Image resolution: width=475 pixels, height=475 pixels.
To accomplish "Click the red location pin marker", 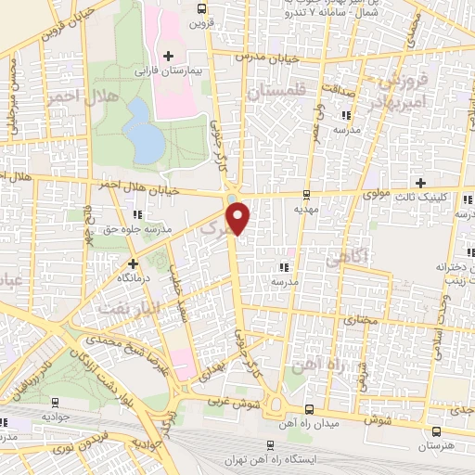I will click(x=239, y=215).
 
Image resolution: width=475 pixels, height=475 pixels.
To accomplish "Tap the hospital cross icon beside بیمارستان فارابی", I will click(x=168, y=58).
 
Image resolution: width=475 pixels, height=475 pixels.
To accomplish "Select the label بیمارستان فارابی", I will click(x=168, y=71).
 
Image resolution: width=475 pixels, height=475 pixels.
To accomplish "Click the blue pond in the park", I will click(x=144, y=130).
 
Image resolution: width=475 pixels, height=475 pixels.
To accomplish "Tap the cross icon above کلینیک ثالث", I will click(x=421, y=183).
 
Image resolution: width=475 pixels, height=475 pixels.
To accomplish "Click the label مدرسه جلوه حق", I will click(x=163, y=229).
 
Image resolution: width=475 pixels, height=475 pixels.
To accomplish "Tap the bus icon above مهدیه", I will click(x=307, y=195).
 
